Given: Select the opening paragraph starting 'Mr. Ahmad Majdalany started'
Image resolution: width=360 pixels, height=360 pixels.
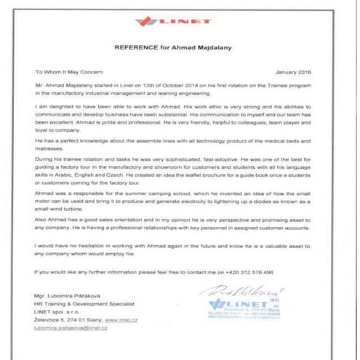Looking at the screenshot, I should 179,90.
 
